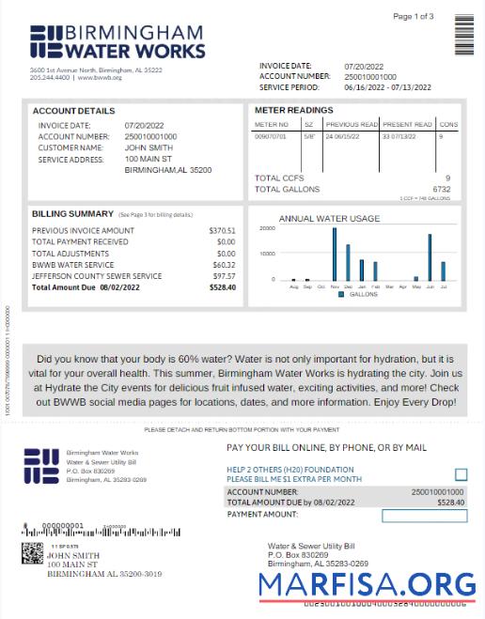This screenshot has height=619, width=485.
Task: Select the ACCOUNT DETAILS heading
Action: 73,111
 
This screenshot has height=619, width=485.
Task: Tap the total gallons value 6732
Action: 442,189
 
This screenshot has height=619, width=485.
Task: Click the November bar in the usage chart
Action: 334,254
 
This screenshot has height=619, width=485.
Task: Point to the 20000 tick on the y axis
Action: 266,228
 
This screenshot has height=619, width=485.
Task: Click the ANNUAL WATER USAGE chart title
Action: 329,219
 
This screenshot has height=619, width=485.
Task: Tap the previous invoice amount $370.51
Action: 222,230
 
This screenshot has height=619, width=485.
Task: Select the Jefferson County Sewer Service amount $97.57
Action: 224,276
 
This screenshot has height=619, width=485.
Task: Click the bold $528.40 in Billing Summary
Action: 223,287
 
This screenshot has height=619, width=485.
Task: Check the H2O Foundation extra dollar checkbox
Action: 461,475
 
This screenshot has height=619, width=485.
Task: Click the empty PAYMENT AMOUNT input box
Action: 424,515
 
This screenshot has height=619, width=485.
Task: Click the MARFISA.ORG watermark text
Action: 368,585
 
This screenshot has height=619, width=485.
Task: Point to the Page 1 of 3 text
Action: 413,17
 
